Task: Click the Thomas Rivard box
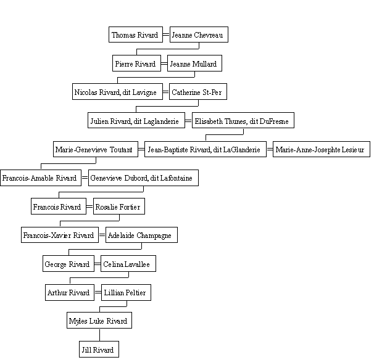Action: pos(136,35)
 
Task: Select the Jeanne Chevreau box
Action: pos(199,35)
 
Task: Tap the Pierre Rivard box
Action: pos(136,63)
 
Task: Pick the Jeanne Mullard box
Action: pos(194,63)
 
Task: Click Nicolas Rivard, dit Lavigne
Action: pos(118,92)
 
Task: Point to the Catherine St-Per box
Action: pos(198,92)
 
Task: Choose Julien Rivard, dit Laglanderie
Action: pos(136,121)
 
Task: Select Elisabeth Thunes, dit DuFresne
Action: pos(243,121)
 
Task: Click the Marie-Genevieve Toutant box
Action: pos(96,149)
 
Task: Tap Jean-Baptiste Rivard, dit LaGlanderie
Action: pos(206,149)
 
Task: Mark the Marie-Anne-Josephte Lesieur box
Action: pos(322,149)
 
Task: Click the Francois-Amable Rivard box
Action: pos(41,178)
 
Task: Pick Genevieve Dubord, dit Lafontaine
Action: pos(143,178)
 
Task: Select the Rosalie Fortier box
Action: pos(119,207)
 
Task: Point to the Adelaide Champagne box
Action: pos(142,235)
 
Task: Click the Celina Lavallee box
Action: pos(128,264)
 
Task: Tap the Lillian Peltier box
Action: pos(126,292)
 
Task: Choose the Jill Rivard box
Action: pos(99,350)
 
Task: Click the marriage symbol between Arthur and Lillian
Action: pos(98,292)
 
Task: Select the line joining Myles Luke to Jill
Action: pos(100,335)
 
